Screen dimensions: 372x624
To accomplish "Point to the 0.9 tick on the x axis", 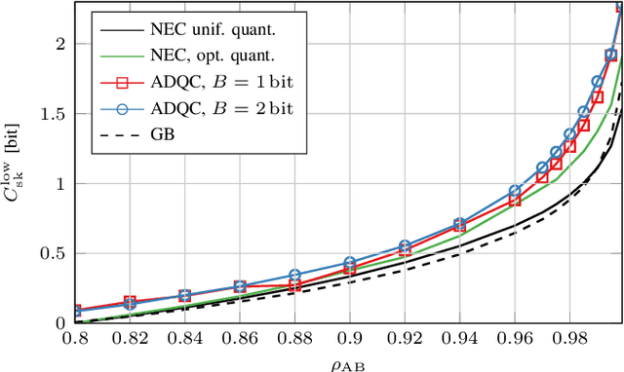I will coord(349,337).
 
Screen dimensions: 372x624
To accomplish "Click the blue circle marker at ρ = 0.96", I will coord(515,192).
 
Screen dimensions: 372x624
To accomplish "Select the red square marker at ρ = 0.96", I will coord(515,201).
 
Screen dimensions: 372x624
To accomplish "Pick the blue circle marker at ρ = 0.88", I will coord(294,276).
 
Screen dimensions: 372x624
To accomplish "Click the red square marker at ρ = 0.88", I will coord(294,285).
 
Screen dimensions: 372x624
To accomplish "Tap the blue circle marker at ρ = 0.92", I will coord(405,246).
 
